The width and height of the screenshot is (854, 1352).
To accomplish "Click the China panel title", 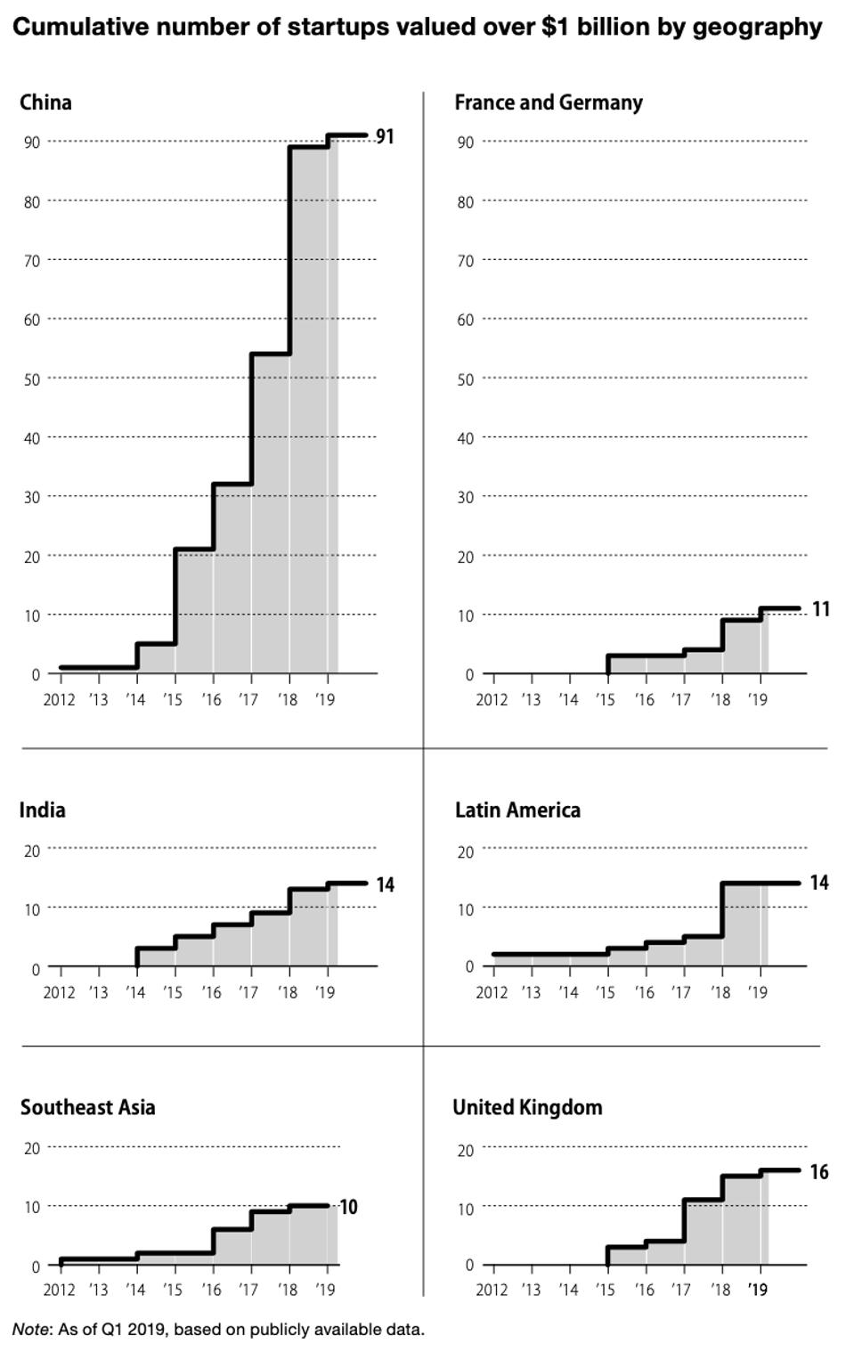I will [45, 102].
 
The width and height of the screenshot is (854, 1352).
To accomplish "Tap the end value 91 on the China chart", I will [384, 136].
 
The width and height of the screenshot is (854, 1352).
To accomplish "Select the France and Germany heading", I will [548, 102].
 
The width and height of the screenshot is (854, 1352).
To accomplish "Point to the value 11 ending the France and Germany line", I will [820, 609].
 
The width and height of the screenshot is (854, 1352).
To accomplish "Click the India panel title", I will [42, 810].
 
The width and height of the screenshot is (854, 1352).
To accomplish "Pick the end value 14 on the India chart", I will [384, 884].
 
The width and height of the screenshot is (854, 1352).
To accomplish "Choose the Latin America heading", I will [517, 810].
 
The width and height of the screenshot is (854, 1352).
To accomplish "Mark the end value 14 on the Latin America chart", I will [818, 883].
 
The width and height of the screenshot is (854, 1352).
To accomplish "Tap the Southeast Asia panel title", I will [87, 1107].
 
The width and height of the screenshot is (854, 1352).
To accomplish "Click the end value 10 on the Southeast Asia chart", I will [348, 1207].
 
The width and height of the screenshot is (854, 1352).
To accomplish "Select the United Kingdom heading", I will [527, 1107].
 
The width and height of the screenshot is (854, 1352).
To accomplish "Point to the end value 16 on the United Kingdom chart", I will [818, 1172].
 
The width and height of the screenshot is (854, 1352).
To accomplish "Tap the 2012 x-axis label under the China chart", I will [59, 700].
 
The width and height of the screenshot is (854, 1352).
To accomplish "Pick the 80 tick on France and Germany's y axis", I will [465, 202].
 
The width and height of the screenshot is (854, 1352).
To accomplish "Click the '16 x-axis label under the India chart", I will [211, 992].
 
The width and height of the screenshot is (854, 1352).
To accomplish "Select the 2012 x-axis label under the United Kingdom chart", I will [492, 1290].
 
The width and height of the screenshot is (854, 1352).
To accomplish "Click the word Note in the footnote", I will [29, 1330].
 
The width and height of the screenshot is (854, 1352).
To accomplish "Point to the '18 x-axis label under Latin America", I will [720, 992].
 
